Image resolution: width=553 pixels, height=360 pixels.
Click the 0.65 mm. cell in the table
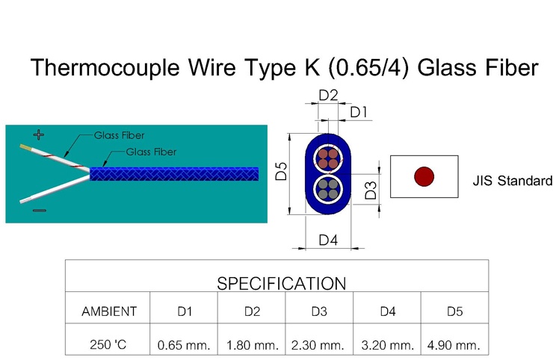click(185, 345)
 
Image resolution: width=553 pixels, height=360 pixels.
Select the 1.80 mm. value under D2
click(252, 345)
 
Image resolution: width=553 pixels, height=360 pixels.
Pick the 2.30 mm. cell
click(319, 345)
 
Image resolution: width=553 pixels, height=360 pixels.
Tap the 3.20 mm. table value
click(387, 345)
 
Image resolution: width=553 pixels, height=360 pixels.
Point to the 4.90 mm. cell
click(454, 345)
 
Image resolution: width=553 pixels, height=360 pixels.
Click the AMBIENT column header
click(109, 311)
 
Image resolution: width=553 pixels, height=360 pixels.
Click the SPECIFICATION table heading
click(281, 284)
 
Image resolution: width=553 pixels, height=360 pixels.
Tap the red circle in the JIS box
click(424, 177)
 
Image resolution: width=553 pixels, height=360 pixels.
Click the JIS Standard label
click(512, 181)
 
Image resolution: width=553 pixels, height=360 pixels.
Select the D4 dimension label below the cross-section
click(328, 240)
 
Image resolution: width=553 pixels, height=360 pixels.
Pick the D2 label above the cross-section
click(328, 96)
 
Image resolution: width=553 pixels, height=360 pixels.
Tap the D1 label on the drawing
click(359, 112)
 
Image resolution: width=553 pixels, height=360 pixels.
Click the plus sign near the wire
click(39, 134)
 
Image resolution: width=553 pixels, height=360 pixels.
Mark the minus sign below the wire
click(39, 211)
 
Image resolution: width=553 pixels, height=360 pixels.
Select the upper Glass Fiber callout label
click(119, 136)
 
